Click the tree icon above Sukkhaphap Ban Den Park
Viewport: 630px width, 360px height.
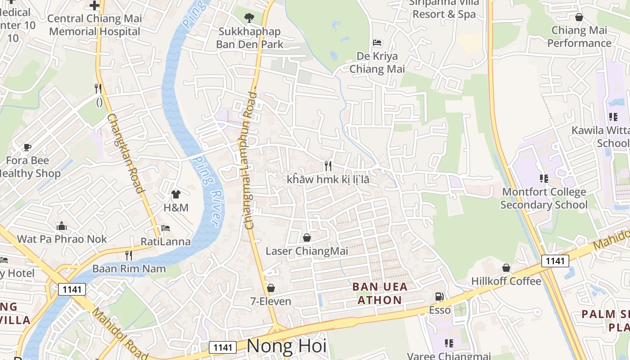pyautogui.click(x=249, y=18)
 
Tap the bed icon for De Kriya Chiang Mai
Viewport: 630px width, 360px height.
pyautogui.click(x=377, y=43)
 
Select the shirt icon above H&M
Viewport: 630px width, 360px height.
pyautogui.click(x=175, y=194)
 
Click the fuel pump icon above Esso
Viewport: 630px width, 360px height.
pyautogui.click(x=439, y=297)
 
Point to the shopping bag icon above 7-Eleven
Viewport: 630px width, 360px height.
pyautogui.click(x=271, y=288)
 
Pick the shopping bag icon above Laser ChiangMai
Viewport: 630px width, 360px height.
pyautogui.click(x=307, y=237)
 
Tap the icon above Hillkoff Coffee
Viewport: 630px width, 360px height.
pyautogui.click(x=506, y=268)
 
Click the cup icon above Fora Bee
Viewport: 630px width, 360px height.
pyautogui.click(x=27, y=147)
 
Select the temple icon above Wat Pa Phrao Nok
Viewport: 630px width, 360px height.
pyautogui.click(x=62, y=226)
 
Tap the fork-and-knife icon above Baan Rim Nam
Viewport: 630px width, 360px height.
pyautogui.click(x=129, y=256)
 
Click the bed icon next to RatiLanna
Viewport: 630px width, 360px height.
pyautogui.click(x=166, y=228)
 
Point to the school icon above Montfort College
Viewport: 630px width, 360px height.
pyautogui.click(x=544, y=179)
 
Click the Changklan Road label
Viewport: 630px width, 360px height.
pyautogui.click(x=126, y=153)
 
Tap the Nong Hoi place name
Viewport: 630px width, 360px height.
pyautogui.click(x=287, y=346)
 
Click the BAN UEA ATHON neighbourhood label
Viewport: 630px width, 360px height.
pyautogui.click(x=380, y=293)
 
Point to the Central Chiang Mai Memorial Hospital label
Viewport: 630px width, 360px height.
pyautogui.click(x=94, y=25)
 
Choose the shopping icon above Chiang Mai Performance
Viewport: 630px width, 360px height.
pyautogui.click(x=579, y=17)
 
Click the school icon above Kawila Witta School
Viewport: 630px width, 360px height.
pyautogui.click(x=613, y=117)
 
